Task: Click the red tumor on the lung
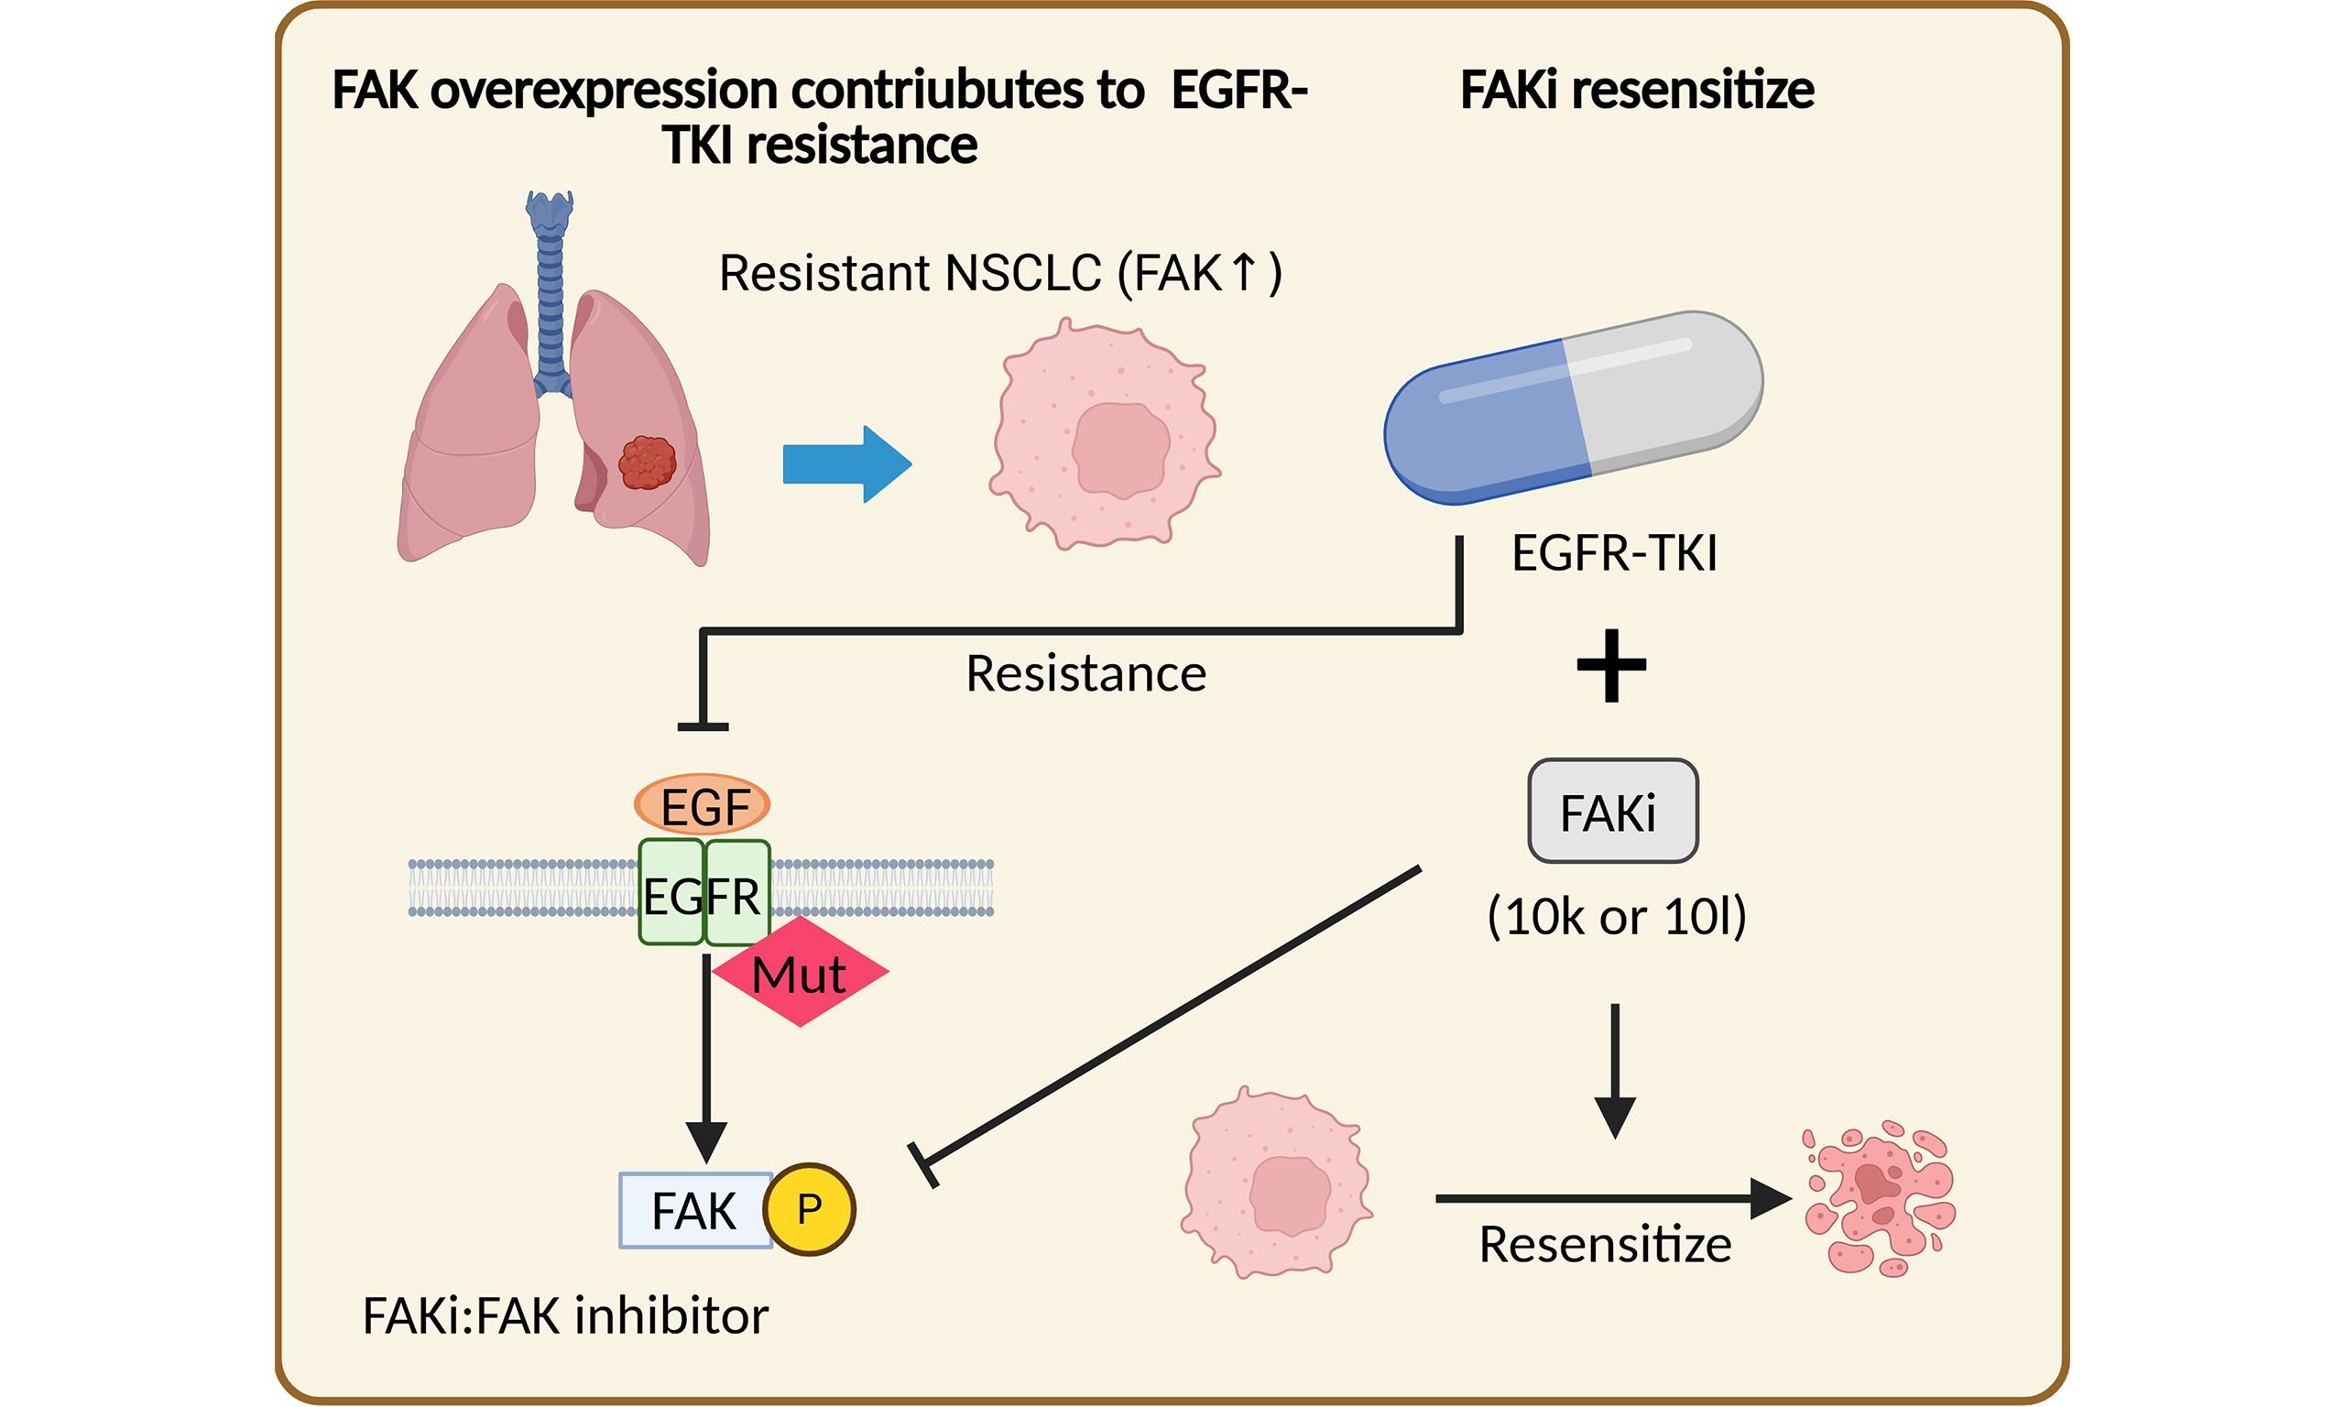click(x=648, y=463)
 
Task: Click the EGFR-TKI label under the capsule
click(x=1614, y=553)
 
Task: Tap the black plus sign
click(x=1611, y=666)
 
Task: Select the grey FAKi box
click(x=1612, y=812)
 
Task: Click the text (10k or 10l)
click(x=1616, y=916)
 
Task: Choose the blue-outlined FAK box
click(x=694, y=1211)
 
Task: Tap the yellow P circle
click(x=810, y=1210)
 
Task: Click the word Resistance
click(x=1085, y=674)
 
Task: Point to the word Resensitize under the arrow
click(x=1605, y=1245)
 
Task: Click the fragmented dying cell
click(x=1878, y=1197)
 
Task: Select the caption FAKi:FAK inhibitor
click(x=565, y=1317)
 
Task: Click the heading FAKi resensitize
click(x=1636, y=91)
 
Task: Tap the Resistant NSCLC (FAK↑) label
click(x=1000, y=274)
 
